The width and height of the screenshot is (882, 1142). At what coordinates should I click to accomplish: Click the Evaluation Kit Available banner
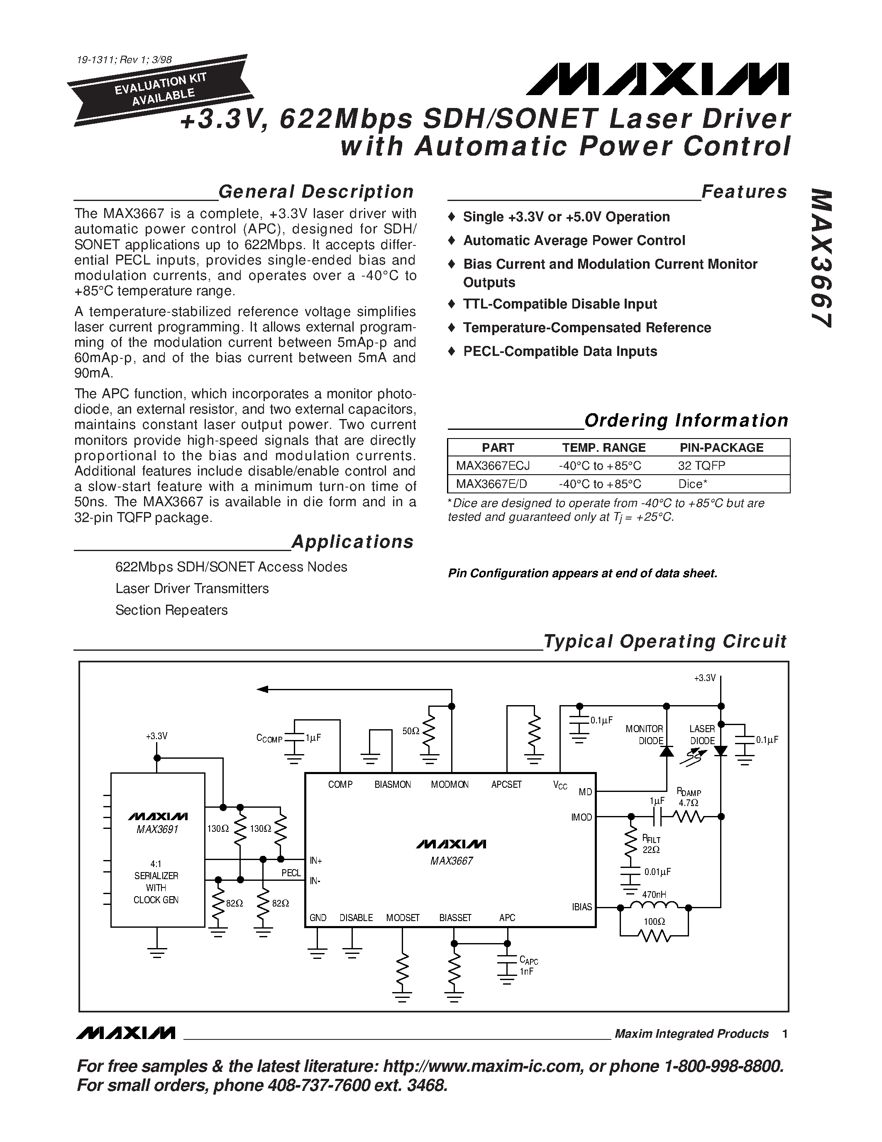coord(161,89)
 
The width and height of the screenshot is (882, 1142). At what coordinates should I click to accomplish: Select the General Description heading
coord(315,192)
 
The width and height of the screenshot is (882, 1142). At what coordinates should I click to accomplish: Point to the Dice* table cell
coord(693,484)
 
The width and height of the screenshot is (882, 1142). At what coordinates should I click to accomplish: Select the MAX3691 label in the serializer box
coord(157,829)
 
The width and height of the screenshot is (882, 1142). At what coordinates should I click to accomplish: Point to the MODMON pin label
coord(450,784)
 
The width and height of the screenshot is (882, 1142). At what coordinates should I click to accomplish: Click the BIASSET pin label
coord(455,918)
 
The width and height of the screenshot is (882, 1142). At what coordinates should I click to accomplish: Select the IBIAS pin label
coord(581,907)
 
